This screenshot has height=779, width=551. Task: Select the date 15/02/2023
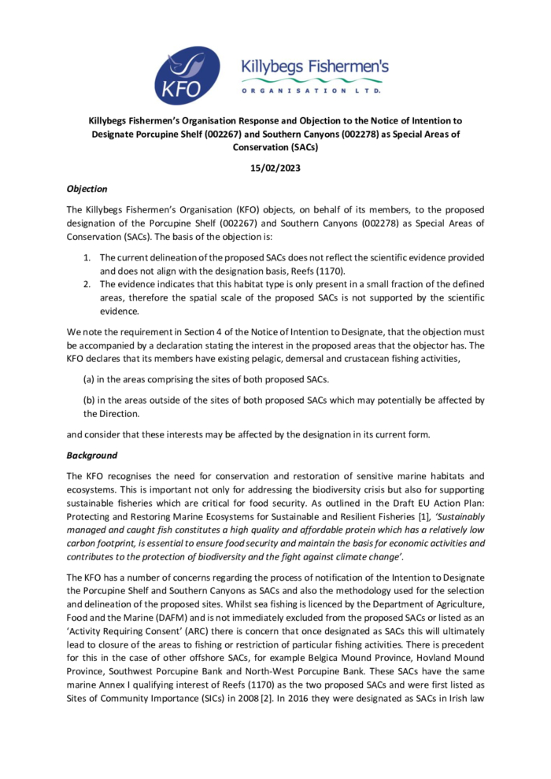275,168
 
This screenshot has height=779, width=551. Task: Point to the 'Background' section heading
91,455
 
